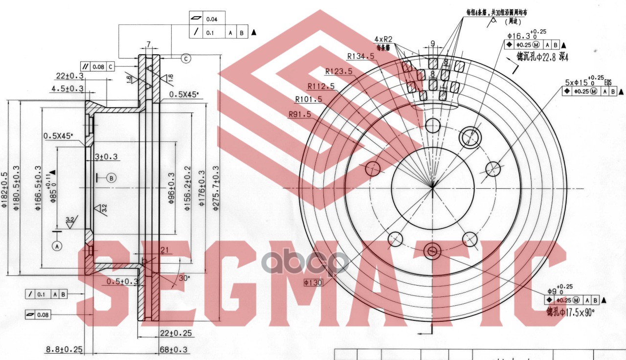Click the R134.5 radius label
point(360,56)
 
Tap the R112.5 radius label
point(321,86)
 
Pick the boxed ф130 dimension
point(312,282)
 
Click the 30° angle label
point(184,278)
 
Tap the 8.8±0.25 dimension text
point(64,349)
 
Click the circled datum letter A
point(57,247)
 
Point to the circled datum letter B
point(111,178)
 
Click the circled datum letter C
point(186,59)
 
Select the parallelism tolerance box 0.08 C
point(98,66)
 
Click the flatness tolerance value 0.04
point(212,19)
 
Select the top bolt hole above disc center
point(433,126)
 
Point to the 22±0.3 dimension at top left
point(69,75)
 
